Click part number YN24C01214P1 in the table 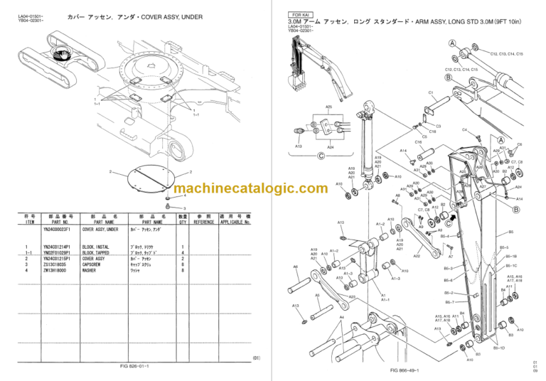[60, 247]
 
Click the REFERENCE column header [205, 222]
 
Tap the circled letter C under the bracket [321, 156]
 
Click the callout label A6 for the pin [296, 267]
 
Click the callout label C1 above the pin [431, 92]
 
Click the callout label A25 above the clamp [328, 107]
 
